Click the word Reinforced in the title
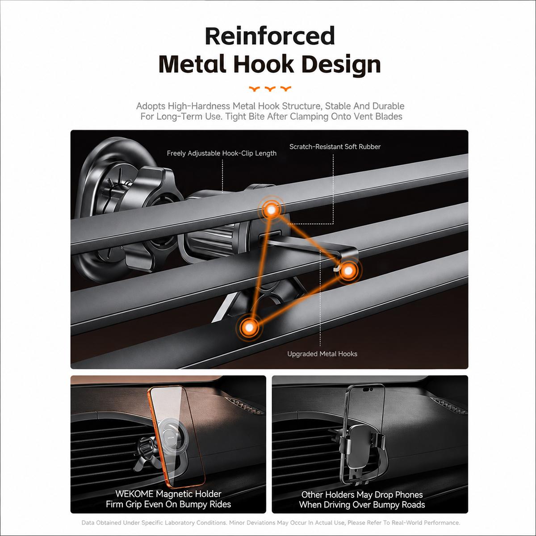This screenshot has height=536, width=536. point(270,36)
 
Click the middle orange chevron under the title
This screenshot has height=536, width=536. point(270,89)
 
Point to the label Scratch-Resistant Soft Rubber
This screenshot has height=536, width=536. point(335,147)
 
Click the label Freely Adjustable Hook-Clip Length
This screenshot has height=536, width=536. point(222,153)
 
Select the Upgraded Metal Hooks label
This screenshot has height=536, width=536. point(322,354)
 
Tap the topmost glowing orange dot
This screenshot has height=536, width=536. point(271,209)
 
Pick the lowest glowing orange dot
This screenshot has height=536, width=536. point(249,328)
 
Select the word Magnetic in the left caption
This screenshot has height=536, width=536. point(173,494)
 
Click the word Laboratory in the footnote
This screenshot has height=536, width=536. point(181,523)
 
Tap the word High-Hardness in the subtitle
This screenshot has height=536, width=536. point(199,106)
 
